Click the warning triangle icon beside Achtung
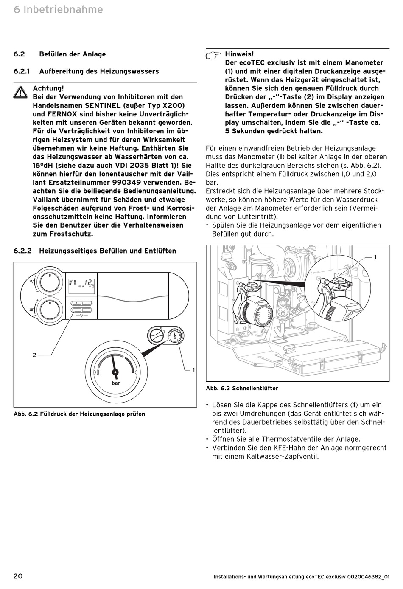[20, 92]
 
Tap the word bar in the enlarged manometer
[115, 383]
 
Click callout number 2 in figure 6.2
[34, 355]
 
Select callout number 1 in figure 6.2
[193, 370]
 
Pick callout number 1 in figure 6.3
[375, 257]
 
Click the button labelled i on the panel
[87, 303]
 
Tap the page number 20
[18, 576]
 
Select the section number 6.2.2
[22, 251]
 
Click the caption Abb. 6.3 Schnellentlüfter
[242, 388]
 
